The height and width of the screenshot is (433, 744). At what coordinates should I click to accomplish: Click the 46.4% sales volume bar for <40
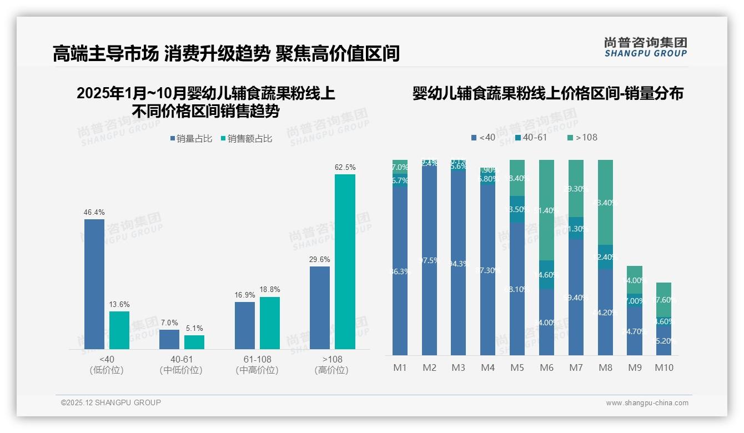pos(94,284)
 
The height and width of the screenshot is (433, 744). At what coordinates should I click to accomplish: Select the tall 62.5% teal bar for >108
pos(345,261)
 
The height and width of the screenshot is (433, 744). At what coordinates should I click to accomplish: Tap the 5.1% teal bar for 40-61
pos(194,342)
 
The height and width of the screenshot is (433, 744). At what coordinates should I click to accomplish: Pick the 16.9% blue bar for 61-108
pos(245,325)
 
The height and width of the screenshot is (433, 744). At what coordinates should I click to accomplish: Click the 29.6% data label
pos(320,259)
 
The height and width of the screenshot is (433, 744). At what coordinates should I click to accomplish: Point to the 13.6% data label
pos(119,304)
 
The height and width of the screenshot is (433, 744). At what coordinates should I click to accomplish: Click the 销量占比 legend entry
pos(191,139)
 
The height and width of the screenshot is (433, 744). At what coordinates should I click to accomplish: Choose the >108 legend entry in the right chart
pos(582,137)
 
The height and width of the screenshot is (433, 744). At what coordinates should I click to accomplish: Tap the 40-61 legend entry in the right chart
pos(531,137)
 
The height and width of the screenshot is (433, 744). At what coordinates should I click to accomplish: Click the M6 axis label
pos(546,367)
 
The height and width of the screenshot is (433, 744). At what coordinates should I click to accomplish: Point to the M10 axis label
pos(664,367)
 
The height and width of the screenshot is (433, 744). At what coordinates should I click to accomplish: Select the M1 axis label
pos(400,367)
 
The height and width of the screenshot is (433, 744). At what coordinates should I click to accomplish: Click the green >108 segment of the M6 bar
pos(546,210)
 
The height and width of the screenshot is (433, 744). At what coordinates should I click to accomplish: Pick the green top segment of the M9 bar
pos(635,279)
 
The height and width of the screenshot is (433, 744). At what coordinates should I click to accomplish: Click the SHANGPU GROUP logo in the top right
pos(645,47)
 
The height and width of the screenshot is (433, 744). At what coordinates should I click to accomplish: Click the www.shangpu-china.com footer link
pos(647,403)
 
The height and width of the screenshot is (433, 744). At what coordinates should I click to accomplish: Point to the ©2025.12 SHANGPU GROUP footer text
pos(111,402)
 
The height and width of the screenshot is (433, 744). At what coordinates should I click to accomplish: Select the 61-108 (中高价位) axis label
pos(257,365)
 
